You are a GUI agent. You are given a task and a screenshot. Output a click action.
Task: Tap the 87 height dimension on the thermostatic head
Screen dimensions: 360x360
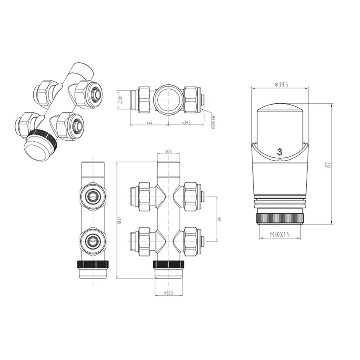327,164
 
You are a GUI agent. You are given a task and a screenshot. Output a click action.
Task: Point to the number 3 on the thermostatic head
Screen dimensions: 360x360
279,152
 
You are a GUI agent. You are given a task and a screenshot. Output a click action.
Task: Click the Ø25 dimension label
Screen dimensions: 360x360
168,152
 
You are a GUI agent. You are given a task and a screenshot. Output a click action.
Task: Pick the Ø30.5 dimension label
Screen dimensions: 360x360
168,293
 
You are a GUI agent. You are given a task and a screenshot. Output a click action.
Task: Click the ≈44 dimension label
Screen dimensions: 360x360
149,123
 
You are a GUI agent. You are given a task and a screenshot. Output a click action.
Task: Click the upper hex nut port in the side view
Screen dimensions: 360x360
93,195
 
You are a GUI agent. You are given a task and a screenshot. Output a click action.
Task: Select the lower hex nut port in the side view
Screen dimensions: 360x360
93,241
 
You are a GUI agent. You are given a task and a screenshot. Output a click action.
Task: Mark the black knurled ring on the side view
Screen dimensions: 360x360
93,264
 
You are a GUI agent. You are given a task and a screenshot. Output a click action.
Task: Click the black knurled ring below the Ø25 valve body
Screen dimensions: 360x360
168,264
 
